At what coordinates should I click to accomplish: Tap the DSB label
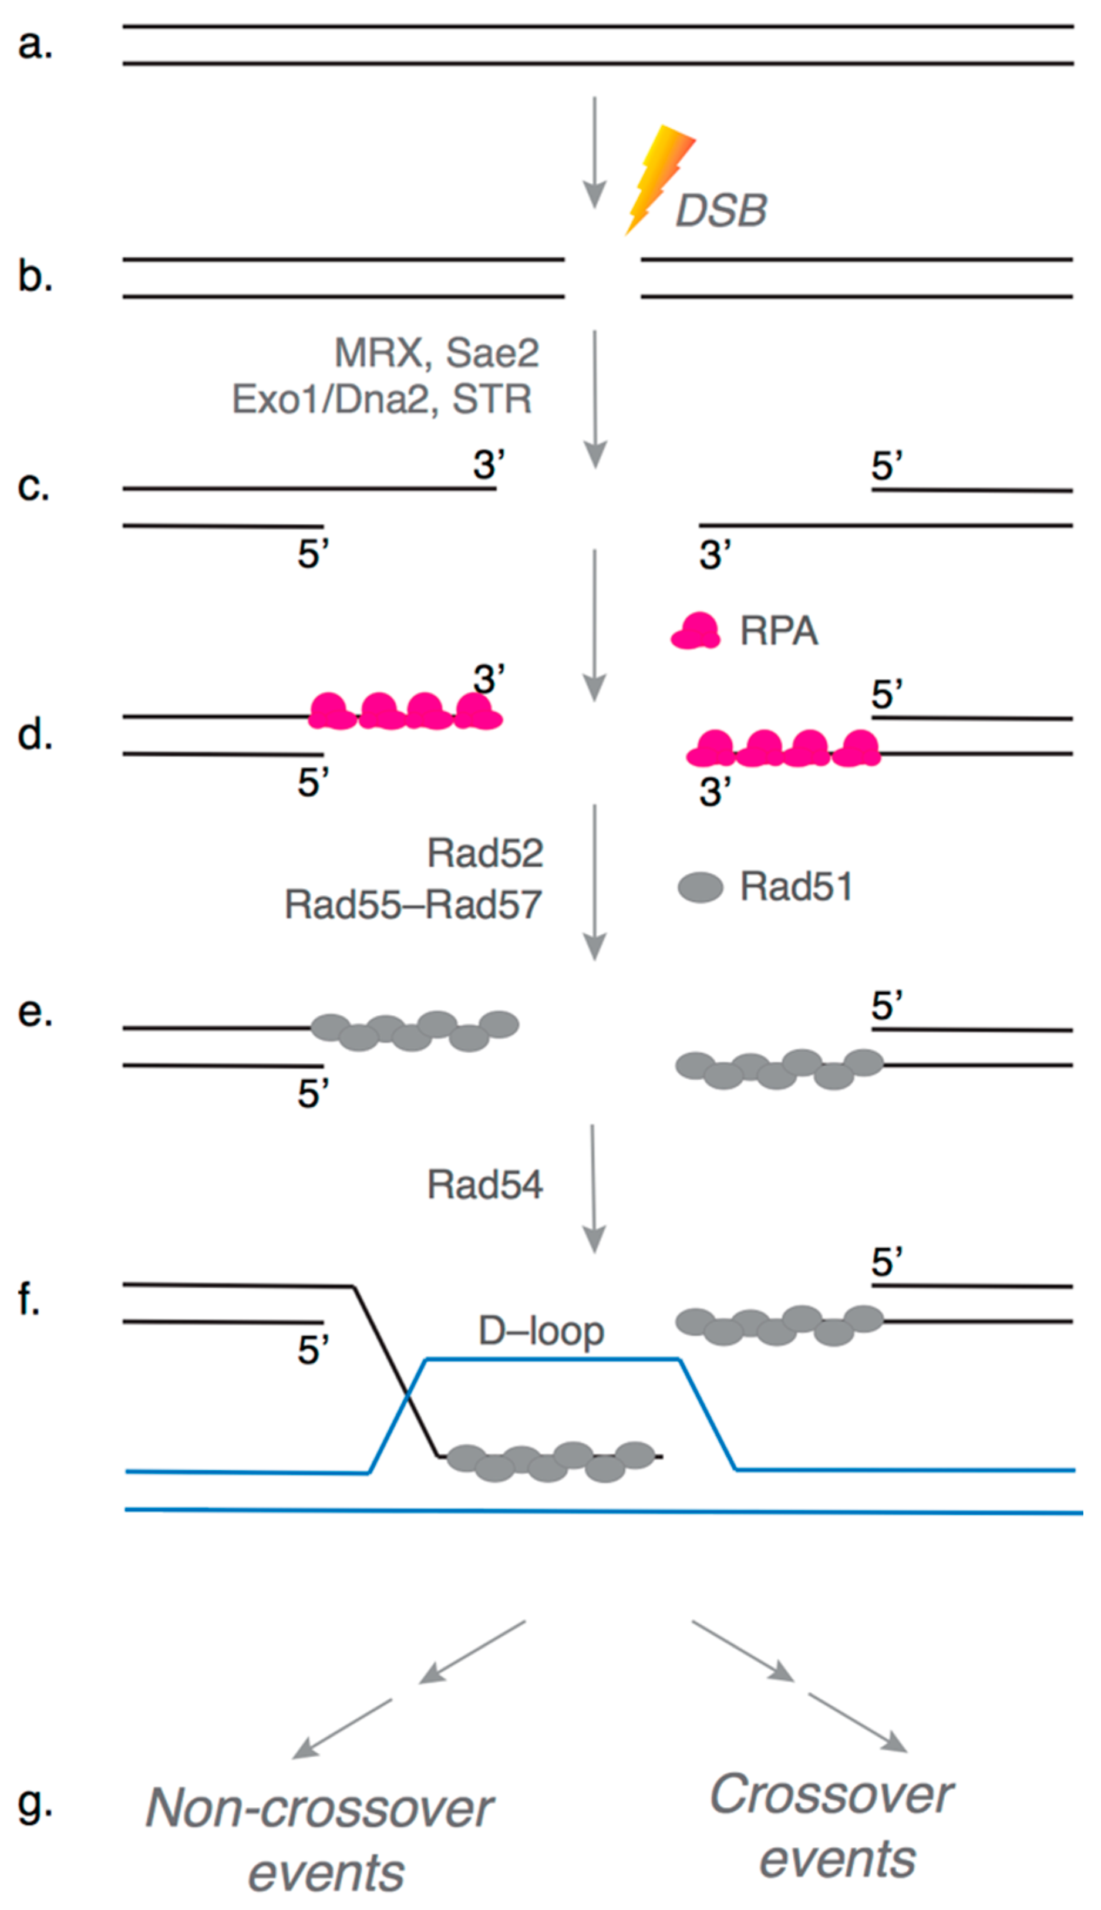[x=720, y=210]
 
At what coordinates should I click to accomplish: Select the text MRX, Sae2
[x=437, y=352]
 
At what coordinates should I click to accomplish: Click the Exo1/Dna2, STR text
[x=382, y=399]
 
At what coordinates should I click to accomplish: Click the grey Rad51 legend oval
[x=700, y=887]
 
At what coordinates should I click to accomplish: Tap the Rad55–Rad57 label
[x=413, y=904]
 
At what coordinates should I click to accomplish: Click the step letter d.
[x=35, y=733]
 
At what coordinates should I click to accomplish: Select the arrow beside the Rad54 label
[x=594, y=1188]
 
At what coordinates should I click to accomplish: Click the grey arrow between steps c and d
[x=594, y=625]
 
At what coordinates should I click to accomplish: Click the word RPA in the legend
[x=779, y=631]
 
